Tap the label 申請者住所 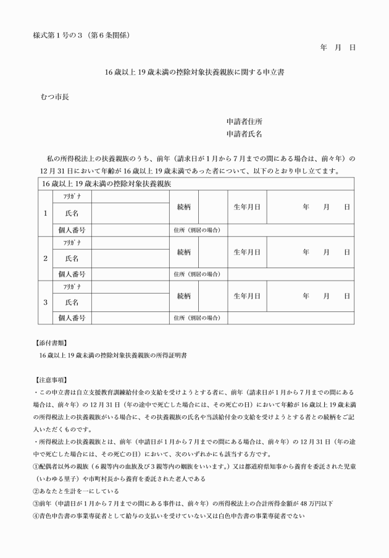244,122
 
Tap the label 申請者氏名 244,133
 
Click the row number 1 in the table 44,214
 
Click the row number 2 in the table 44,258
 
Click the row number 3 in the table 44,303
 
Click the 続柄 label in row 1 183,208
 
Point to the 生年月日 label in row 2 246,252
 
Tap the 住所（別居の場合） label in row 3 198,318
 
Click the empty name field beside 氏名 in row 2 130,258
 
